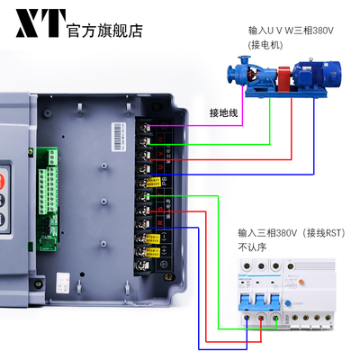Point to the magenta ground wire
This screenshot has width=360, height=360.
[198, 123]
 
